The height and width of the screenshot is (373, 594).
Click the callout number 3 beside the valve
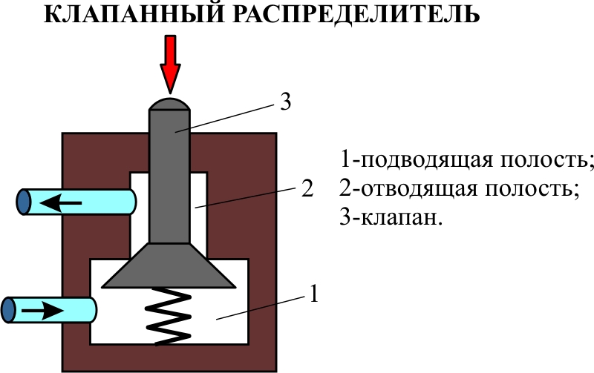tap(286, 102)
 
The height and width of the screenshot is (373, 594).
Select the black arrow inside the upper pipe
tap(62, 201)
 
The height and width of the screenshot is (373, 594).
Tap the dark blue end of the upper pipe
tap(24, 202)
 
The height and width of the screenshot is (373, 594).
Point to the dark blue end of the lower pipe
tap(9, 308)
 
